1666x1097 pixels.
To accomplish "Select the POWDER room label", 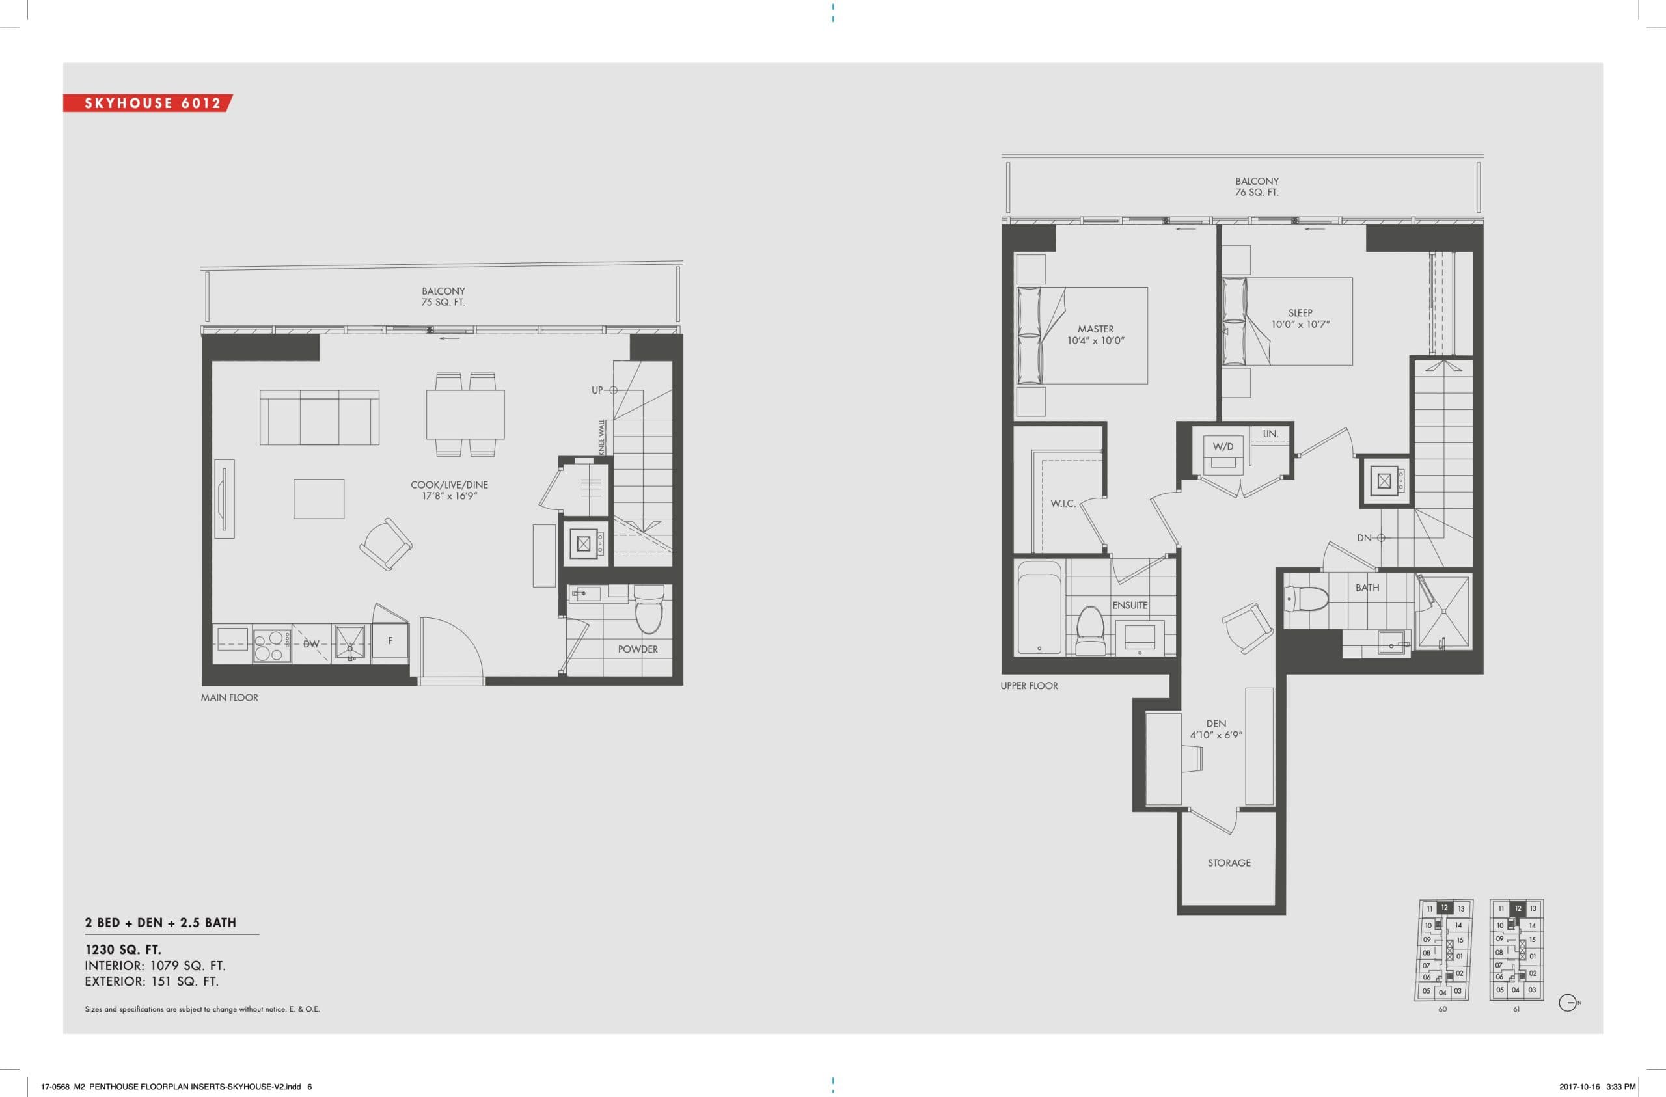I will tap(638, 649).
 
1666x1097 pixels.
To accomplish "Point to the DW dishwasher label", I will tap(311, 643).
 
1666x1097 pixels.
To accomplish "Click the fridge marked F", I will tap(390, 640).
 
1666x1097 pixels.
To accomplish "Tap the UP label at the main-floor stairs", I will tap(597, 390).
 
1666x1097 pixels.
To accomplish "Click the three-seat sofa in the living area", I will tap(319, 417).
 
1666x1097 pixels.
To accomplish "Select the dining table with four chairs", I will tap(465, 414).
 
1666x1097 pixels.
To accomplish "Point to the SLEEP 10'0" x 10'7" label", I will tap(1300, 319).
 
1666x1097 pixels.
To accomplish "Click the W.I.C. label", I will tap(1063, 504).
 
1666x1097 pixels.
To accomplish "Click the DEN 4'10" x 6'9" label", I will tap(1216, 729).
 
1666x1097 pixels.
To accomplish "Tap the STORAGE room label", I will tap(1229, 863).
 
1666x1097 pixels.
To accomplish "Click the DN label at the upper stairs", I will tap(1364, 537).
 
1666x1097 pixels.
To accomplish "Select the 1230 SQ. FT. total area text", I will tap(123, 949).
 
